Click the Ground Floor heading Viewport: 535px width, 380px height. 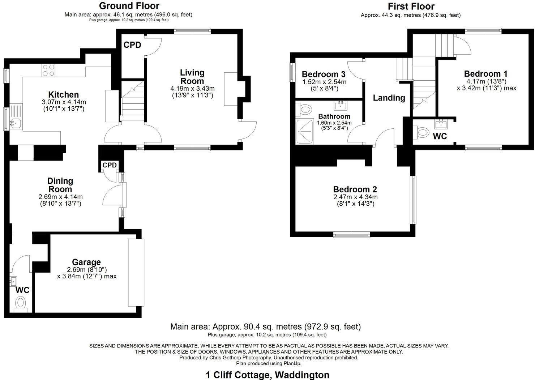[129, 6]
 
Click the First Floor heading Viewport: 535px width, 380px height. [411, 6]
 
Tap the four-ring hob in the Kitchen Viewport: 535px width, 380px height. [48, 70]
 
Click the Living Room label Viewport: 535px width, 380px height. [192, 77]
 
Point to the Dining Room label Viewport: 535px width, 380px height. [60, 185]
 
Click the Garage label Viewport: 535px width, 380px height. [86, 262]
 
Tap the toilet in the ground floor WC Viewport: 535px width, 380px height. [21, 303]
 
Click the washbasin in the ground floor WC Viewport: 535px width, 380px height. [13, 281]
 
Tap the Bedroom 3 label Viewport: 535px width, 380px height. [324, 74]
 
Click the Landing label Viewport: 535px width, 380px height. [389, 98]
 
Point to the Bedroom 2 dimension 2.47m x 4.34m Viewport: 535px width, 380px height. [355, 197]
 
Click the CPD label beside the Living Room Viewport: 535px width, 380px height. [132, 45]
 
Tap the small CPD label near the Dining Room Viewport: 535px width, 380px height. [110, 165]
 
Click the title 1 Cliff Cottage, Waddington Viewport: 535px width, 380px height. [267, 375]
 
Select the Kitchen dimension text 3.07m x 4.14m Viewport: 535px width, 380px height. [64, 102]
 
